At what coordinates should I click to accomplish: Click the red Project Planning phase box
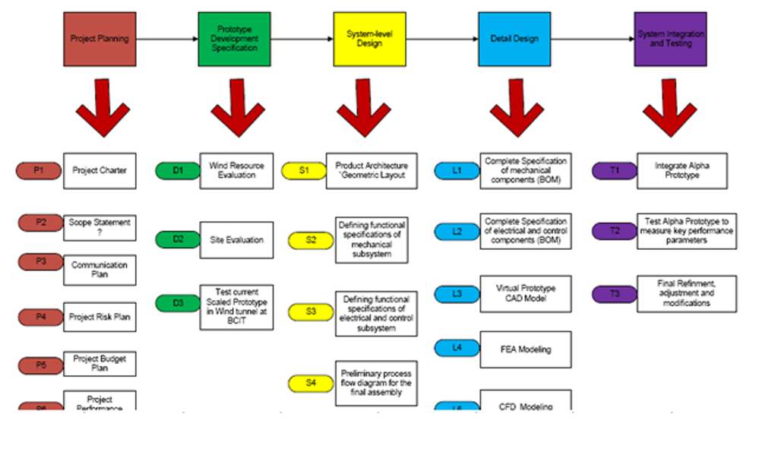[x=100, y=39]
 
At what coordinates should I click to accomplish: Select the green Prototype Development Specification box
[x=233, y=39]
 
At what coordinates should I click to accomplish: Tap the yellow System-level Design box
[x=369, y=39]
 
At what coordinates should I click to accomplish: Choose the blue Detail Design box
[x=514, y=39]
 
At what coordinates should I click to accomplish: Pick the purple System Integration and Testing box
[x=670, y=39]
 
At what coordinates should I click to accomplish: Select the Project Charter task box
[x=100, y=171]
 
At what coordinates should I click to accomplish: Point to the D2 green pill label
[x=178, y=240]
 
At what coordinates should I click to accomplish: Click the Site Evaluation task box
[x=236, y=240]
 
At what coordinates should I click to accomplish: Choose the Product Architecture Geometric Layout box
[x=372, y=171]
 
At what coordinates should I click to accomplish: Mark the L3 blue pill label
[x=457, y=294]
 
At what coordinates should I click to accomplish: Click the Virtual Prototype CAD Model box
[x=525, y=294]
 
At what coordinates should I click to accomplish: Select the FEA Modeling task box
[x=525, y=349]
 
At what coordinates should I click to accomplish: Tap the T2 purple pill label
[x=614, y=231]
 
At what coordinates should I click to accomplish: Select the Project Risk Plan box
[x=100, y=318]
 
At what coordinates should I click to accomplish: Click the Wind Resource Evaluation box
[x=236, y=171]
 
